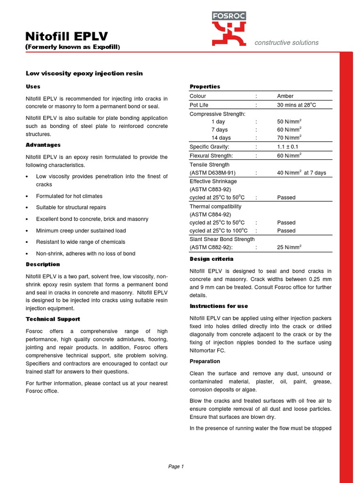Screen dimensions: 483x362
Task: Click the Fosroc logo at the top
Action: [228, 29]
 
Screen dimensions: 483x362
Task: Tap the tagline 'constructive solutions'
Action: [286, 42]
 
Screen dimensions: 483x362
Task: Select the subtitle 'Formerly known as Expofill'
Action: [73, 47]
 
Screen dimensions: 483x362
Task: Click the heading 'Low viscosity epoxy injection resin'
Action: [84, 74]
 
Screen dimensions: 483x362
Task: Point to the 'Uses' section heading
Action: [33, 87]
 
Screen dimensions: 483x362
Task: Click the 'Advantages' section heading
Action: [43, 145]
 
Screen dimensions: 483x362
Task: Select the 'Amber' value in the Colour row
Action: [285, 96]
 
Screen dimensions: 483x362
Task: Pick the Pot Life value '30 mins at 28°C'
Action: [296, 105]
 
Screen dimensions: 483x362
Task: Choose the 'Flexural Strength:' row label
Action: [211, 156]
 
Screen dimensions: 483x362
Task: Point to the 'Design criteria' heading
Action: [211, 259]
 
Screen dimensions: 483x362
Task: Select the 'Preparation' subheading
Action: [205, 361]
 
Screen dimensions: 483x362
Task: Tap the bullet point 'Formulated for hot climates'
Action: [69, 196]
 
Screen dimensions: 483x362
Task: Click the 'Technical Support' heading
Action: [53, 319]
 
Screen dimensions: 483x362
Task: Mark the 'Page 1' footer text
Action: [176, 466]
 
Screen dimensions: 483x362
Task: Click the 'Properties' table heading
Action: [205, 87]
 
